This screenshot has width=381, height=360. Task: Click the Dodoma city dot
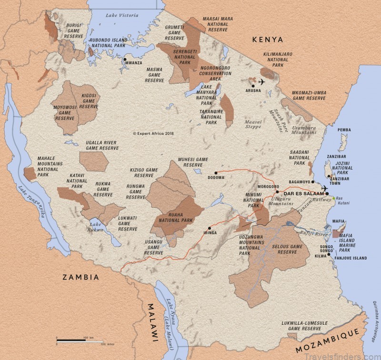tap(216, 173)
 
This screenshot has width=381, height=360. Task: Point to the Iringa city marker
tap(209, 228)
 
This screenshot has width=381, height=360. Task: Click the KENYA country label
tap(268, 39)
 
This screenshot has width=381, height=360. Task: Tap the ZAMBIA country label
tap(80, 277)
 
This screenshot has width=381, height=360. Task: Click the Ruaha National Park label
tap(174, 220)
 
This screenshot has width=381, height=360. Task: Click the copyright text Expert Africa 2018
tap(153, 134)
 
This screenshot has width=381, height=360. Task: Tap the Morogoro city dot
tap(277, 192)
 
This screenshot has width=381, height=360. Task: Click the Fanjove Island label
tap(350, 258)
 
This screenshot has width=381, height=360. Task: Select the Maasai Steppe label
tap(253, 124)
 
